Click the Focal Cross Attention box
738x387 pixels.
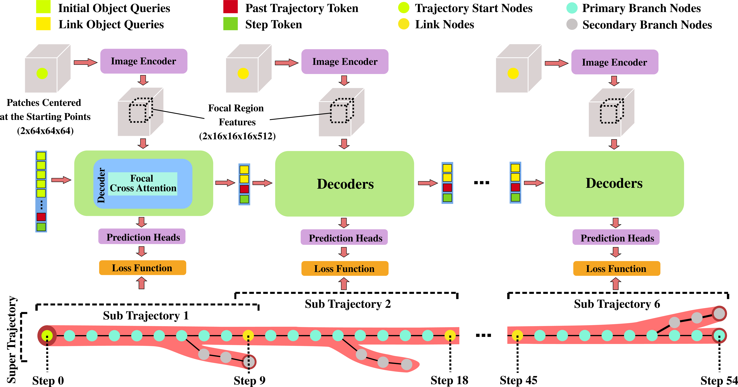143,184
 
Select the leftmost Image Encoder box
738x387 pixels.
144,61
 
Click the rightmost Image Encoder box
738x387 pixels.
614,62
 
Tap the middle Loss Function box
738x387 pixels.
345,268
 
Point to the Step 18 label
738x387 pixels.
449,380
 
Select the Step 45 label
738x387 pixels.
518,380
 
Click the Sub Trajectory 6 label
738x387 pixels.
617,304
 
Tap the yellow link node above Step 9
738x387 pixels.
248,335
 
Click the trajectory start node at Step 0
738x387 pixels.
47,335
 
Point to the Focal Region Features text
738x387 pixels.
237,115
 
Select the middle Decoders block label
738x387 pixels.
345,184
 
